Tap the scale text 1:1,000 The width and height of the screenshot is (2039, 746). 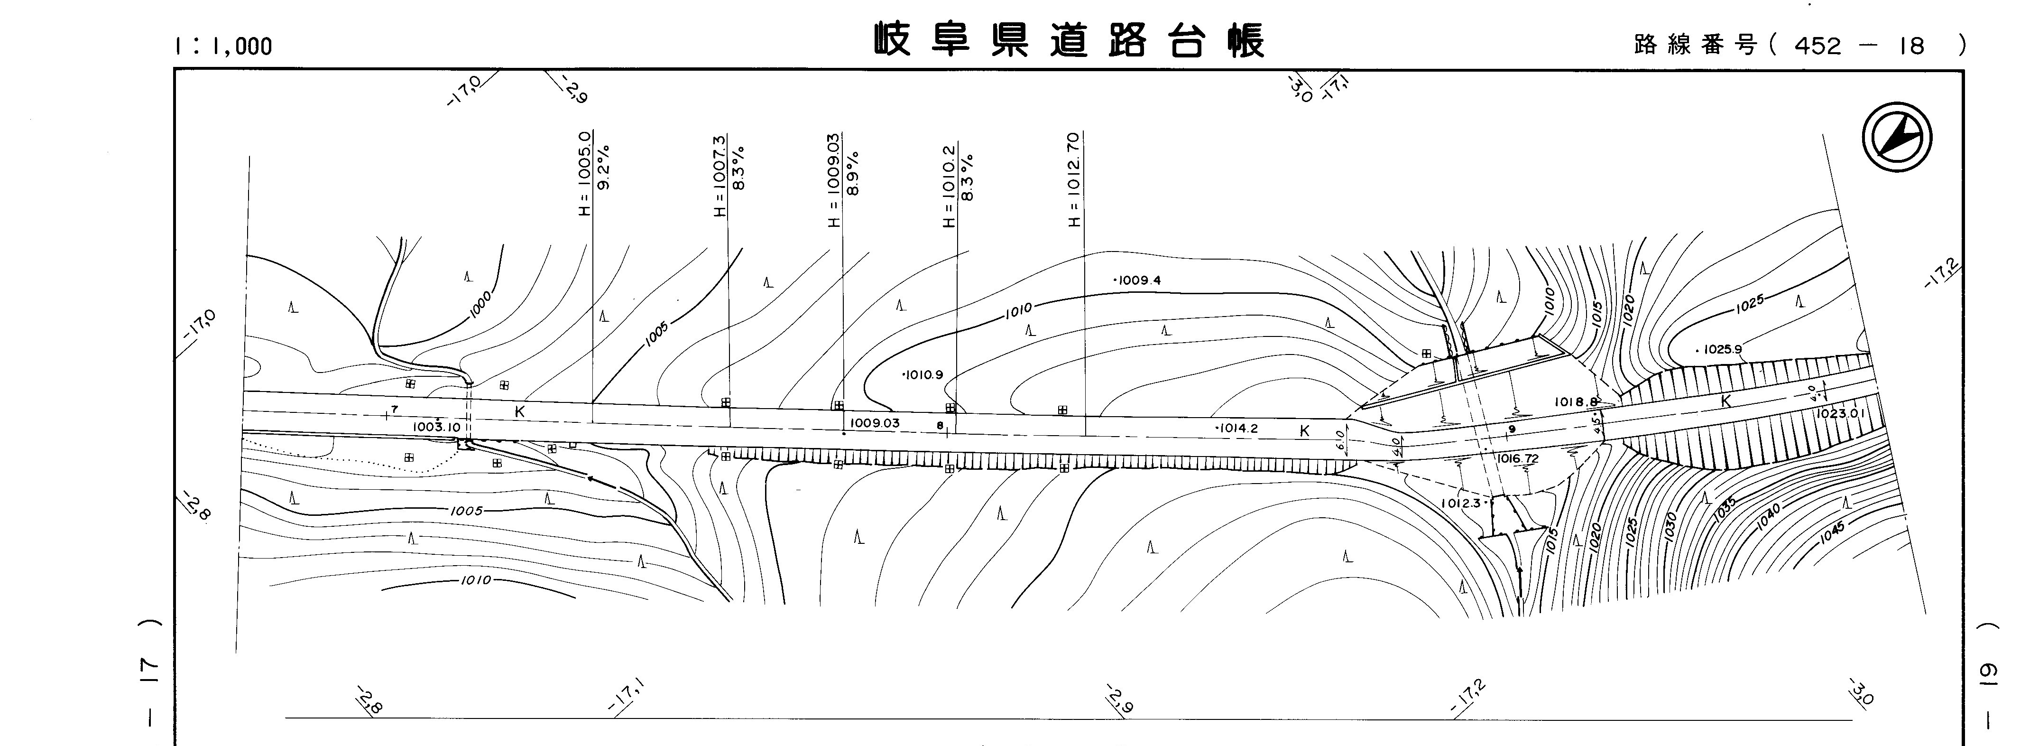(223, 47)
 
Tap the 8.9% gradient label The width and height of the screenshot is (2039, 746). (852, 173)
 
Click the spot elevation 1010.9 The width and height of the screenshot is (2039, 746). (922, 374)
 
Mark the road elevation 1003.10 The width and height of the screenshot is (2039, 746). (436, 427)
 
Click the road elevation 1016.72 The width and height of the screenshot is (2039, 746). (1517, 458)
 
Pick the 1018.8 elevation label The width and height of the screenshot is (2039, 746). (1575, 401)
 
